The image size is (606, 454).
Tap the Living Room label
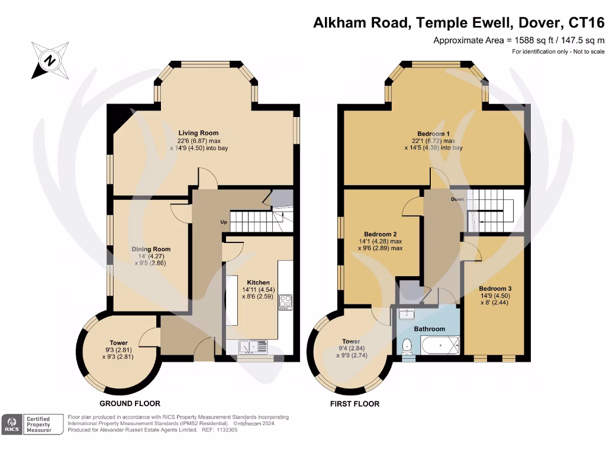(x=198, y=133)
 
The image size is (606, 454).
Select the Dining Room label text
(x=151, y=249)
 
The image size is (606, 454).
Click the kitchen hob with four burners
(x=286, y=302)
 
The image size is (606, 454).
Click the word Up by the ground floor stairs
(x=223, y=223)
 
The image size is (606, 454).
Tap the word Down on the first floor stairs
(x=457, y=200)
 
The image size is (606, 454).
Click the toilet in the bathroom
(x=407, y=345)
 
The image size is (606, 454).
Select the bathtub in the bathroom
(x=440, y=344)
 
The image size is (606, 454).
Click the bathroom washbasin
(x=407, y=313)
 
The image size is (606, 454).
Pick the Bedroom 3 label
(x=494, y=288)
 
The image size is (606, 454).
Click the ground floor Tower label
(x=118, y=343)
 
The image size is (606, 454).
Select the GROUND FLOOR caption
(x=130, y=404)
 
